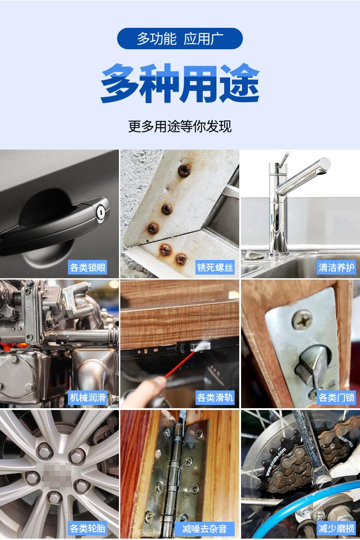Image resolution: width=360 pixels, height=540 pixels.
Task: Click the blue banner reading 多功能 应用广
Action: click(x=180, y=39)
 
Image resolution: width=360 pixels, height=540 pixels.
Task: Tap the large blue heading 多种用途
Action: click(x=180, y=83)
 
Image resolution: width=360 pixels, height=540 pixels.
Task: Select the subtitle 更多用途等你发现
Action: click(x=180, y=126)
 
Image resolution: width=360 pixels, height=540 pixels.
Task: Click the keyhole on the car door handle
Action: click(x=101, y=213)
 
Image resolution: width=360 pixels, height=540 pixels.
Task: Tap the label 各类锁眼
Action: click(x=88, y=267)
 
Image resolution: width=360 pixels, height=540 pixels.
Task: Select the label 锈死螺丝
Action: click(x=215, y=267)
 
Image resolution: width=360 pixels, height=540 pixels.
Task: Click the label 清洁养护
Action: click(x=336, y=267)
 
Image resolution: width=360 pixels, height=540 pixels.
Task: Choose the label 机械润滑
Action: click(x=88, y=397)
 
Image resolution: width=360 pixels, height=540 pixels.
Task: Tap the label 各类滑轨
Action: click(x=215, y=397)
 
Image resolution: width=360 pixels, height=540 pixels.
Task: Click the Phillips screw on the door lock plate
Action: click(x=302, y=320)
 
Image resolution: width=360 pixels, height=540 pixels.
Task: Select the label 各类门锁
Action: click(x=336, y=397)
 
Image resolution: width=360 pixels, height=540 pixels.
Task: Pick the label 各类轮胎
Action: click(x=88, y=528)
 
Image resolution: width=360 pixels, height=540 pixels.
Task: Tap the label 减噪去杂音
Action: click(x=205, y=528)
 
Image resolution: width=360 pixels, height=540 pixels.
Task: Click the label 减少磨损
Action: click(x=336, y=528)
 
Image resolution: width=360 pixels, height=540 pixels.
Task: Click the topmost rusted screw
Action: click(x=184, y=170)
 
